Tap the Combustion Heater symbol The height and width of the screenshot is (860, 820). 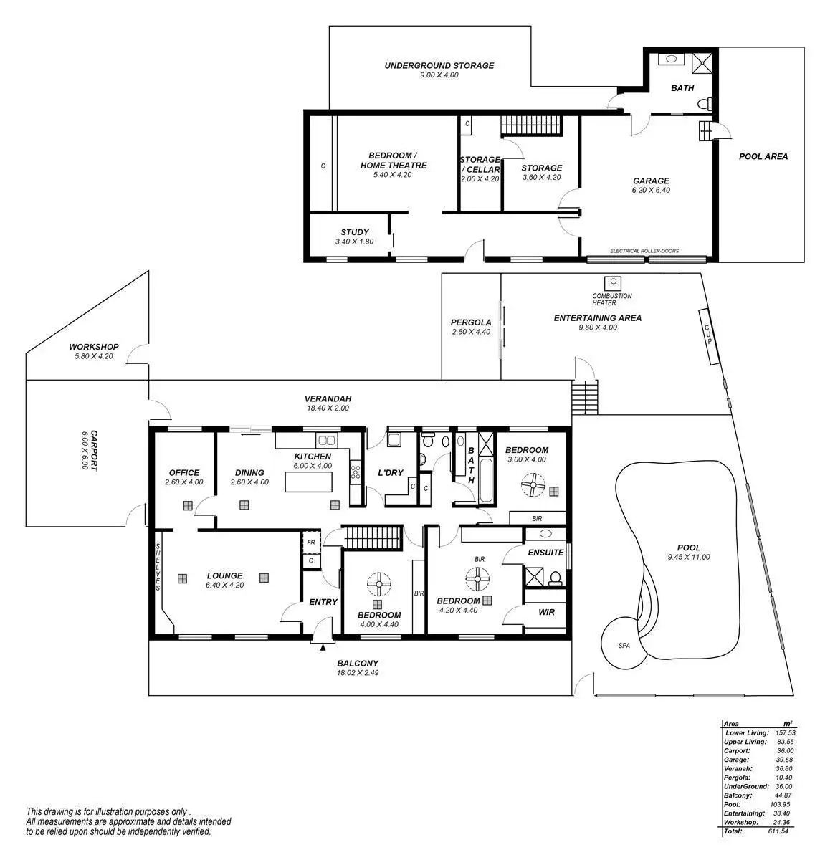(x=612, y=283)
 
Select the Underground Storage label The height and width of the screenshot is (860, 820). (x=439, y=65)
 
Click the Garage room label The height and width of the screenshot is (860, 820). (x=650, y=181)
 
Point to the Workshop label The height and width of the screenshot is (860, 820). (x=94, y=347)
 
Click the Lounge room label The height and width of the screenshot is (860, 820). (x=224, y=575)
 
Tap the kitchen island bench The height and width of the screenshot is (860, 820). (x=309, y=482)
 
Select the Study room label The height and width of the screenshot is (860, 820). (x=354, y=232)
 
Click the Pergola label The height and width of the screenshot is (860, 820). (x=471, y=322)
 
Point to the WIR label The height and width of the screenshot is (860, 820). (x=546, y=612)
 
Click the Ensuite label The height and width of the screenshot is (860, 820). (x=545, y=553)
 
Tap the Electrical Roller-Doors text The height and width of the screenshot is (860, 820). (x=644, y=251)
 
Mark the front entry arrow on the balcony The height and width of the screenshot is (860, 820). (x=323, y=647)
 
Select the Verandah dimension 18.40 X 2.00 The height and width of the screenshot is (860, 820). (x=328, y=408)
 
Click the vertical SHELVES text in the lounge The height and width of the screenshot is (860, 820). (x=158, y=568)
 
